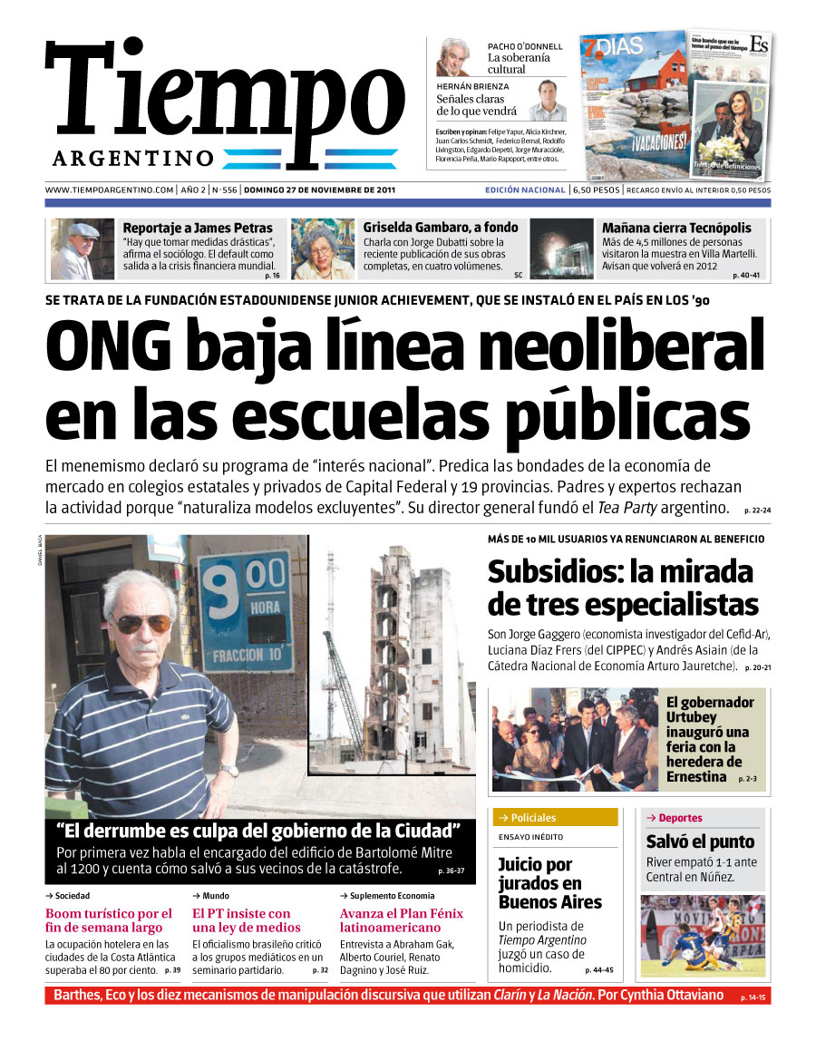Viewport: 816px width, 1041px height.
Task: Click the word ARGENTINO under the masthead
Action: coord(133,159)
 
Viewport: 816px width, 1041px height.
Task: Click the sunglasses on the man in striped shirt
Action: coord(141,624)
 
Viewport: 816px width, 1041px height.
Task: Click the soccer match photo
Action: coord(703,935)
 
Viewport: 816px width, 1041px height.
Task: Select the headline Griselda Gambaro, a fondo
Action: coord(441,228)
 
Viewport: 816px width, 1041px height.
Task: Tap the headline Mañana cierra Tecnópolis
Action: coord(676,228)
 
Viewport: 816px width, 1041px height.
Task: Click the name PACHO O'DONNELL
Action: coord(525,46)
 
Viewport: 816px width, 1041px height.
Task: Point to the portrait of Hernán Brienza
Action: coord(546,101)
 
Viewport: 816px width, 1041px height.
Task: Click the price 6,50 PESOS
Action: coord(596,190)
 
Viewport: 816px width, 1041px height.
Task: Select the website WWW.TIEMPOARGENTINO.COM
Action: coord(109,190)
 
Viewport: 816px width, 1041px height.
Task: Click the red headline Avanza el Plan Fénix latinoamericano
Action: coord(401,920)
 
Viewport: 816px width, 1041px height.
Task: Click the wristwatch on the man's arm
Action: coord(228,770)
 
